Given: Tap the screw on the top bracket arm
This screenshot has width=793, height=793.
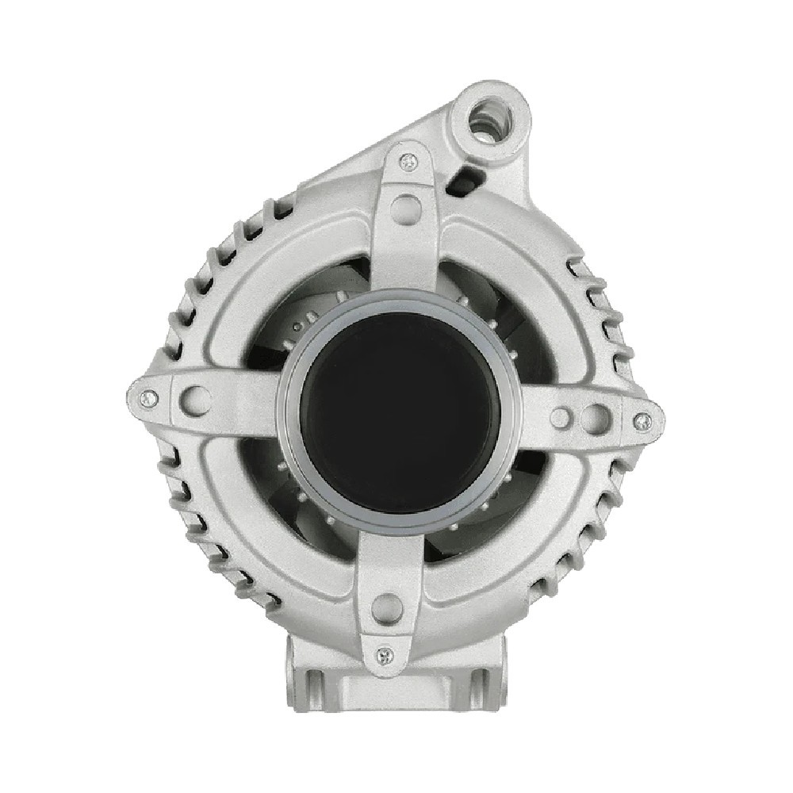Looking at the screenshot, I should click(408, 163).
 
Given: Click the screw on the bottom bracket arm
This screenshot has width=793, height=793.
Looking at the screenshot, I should click(385, 654).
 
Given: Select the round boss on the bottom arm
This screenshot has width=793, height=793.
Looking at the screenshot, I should click(388, 607).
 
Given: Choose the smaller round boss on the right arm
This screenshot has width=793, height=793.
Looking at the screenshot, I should click(561, 417).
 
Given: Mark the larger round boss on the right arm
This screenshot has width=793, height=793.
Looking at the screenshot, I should click(593, 418).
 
